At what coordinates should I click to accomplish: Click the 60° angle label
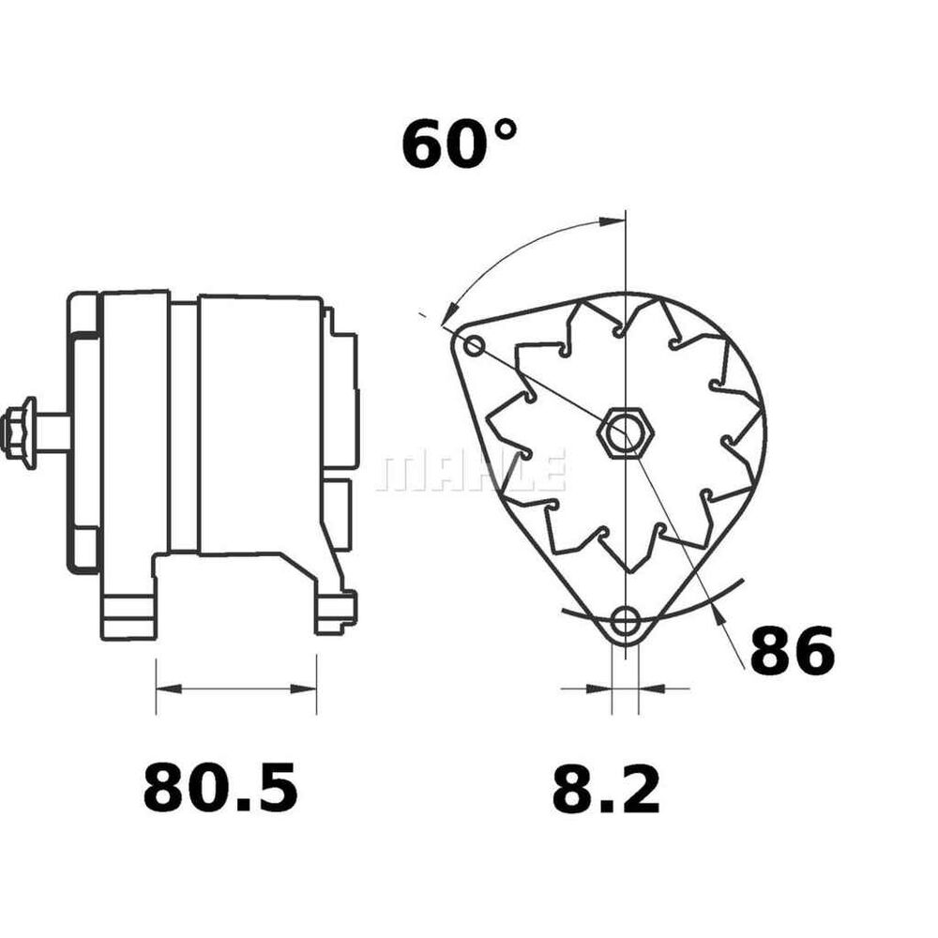(459, 144)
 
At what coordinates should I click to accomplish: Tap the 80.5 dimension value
(220, 787)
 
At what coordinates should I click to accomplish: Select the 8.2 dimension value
(605, 790)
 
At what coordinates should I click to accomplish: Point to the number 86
(792, 651)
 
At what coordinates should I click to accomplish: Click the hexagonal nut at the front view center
(626, 432)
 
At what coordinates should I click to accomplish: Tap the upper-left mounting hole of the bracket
(475, 345)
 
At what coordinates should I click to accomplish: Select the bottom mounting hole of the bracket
(626, 622)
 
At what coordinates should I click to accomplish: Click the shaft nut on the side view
(19, 429)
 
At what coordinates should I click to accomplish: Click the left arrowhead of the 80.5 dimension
(168, 689)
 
